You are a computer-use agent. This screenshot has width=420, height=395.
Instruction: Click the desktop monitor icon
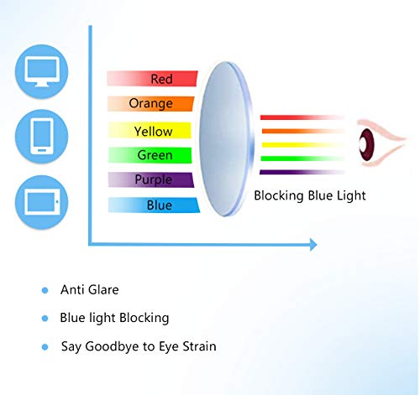click(x=43, y=71)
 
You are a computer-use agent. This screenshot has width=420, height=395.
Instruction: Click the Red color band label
click(x=161, y=79)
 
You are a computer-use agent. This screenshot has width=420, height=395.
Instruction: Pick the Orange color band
click(x=151, y=104)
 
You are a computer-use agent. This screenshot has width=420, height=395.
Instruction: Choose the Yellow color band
click(x=152, y=132)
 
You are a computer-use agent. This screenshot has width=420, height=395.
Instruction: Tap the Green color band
click(x=154, y=155)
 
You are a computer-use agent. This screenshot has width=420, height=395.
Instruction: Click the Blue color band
click(x=158, y=205)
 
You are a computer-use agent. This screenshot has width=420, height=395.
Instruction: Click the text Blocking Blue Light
click(x=310, y=195)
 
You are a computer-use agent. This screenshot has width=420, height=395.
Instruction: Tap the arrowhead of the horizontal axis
click(x=313, y=245)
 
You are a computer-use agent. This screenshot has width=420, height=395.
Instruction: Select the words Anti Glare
click(x=89, y=290)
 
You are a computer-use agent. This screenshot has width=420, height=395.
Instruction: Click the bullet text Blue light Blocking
click(x=114, y=318)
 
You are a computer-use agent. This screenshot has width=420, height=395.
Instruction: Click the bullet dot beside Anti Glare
click(x=45, y=290)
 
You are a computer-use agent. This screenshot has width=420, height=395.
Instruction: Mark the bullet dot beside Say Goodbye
click(x=45, y=346)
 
